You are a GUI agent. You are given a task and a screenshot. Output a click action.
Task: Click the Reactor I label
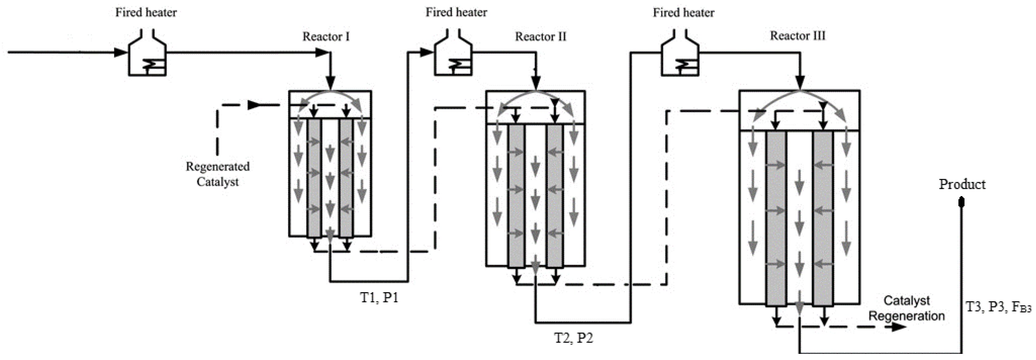pyautogui.click(x=326, y=37)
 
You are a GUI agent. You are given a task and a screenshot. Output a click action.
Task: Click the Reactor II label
pyautogui.click(x=541, y=37)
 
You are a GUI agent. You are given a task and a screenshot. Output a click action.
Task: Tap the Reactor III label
pyautogui.click(x=798, y=36)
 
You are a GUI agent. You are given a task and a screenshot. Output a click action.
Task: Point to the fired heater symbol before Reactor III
pyautogui.click(x=680, y=56)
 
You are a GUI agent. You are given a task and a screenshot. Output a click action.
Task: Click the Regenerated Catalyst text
pyautogui.click(x=218, y=174)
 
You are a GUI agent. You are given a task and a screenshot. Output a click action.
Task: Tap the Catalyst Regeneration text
pyautogui.click(x=906, y=308)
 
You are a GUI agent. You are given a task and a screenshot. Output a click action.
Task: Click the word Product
pyautogui.click(x=962, y=184)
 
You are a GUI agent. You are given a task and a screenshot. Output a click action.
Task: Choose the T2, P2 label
pyautogui.click(x=573, y=338)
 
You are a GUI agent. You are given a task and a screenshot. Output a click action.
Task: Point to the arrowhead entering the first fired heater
pyautogui.click(x=120, y=52)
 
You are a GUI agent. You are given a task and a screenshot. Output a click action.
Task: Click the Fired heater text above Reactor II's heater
pyautogui.click(x=456, y=13)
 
